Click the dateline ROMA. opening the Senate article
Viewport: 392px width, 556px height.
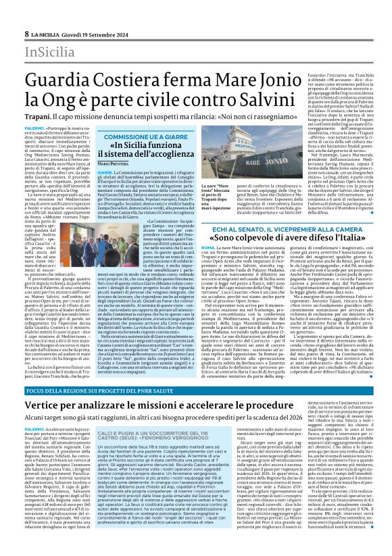tap(207, 251)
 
